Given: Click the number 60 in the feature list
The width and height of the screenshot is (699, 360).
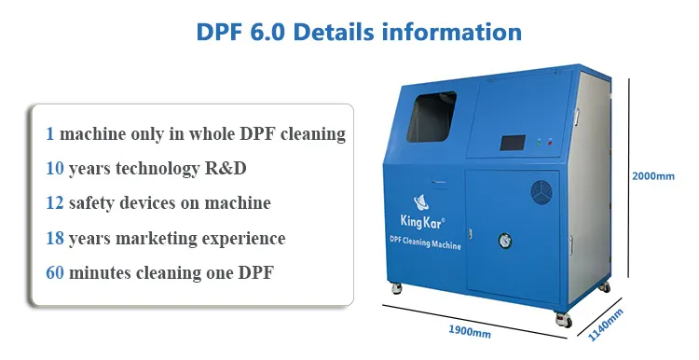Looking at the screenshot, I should click(x=55, y=273).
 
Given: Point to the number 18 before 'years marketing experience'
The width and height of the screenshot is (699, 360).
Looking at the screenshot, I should click(x=55, y=238).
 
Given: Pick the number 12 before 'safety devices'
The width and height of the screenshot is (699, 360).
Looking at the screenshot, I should click(x=55, y=202).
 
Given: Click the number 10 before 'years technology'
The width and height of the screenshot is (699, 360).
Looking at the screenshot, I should click(x=55, y=168).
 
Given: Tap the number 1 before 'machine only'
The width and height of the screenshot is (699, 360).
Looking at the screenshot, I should click(x=49, y=133).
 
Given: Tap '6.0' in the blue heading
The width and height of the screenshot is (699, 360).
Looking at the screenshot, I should click(x=255, y=32).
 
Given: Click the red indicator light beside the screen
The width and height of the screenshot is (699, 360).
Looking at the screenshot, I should click(x=550, y=142).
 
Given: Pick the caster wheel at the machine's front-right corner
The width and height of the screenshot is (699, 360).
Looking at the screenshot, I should click(x=562, y=319).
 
